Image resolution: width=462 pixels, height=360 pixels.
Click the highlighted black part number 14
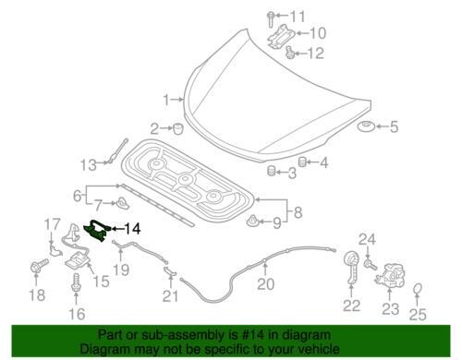97,232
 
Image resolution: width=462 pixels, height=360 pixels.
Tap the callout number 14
132,229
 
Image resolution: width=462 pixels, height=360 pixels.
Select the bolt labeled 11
271,18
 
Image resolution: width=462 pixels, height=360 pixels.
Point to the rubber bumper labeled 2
178,128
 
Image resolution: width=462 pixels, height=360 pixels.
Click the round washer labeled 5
366,126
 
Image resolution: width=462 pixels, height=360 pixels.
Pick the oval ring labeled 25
417,289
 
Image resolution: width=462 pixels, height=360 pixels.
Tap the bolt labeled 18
39,266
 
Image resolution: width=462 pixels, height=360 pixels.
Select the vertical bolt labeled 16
76,283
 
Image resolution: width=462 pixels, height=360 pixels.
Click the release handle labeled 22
351,266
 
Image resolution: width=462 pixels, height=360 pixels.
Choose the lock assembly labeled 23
389,274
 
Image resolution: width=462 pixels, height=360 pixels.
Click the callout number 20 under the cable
265,284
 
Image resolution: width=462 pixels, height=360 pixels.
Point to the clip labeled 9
252,221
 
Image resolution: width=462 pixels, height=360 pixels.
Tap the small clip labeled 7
123,203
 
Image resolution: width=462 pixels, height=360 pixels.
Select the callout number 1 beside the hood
166,100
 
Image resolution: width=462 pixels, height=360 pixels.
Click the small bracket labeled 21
169,271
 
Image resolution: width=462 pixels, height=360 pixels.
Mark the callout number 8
298,212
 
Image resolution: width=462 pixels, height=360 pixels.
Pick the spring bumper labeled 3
271,171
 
